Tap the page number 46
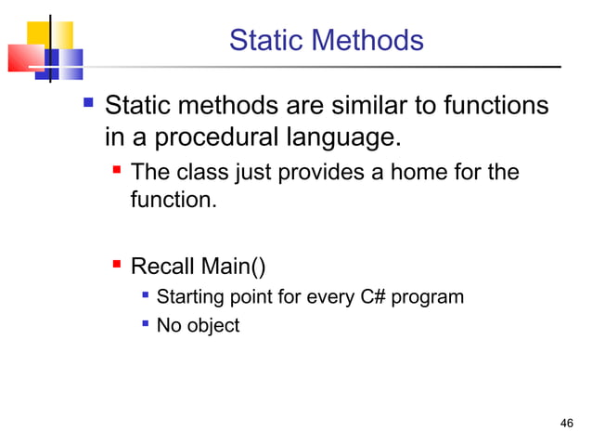coord(568,424)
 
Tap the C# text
coord(359,298)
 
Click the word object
coord(212,326)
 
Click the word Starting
coord(188,298)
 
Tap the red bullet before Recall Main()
coord(117,268)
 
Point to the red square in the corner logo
coord(24,59)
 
